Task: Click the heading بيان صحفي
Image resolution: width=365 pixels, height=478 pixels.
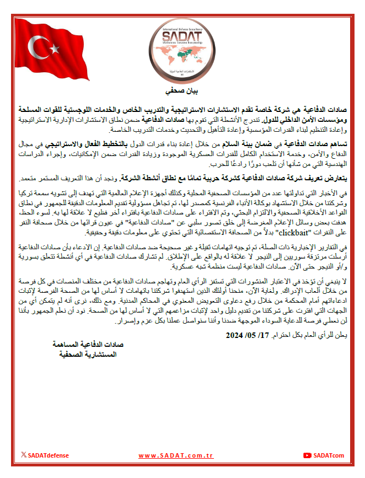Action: coord(182,90)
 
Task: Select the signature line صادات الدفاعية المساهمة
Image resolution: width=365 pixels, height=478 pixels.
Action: coord(87,344)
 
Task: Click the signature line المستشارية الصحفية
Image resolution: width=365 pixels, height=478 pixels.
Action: coord(88,354)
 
